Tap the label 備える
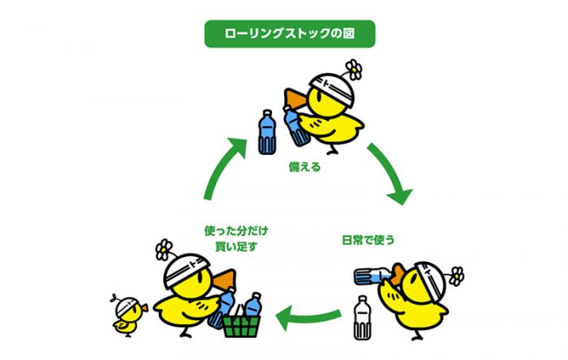tap(304, 168)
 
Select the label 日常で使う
tap(371, 240)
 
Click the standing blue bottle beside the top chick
tap(266, 131)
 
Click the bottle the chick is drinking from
tap(374, 276)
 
